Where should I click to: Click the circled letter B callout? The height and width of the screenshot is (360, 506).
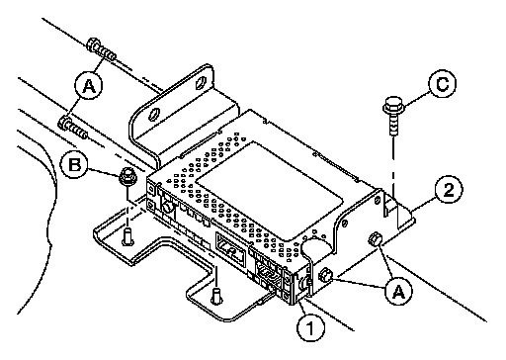(75, 164)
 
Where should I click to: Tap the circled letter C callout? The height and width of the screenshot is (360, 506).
(443, 83)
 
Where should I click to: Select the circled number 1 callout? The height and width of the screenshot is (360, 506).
(310, 327)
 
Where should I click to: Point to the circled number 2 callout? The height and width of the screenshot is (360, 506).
(449, 190)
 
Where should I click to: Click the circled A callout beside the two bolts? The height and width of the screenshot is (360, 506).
(88, 86)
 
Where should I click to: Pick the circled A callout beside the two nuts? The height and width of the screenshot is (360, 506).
(399, 291)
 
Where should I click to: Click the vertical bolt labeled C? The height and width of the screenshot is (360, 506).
(393, 115)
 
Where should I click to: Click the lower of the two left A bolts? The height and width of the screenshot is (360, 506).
(72, 128)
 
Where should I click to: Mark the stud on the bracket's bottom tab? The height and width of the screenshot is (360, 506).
(216, 295)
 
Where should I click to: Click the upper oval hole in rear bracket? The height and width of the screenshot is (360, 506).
(200, 83)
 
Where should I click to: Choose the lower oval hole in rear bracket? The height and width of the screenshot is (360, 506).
(152, 115)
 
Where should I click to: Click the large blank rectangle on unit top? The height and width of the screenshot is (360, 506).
(269, 190)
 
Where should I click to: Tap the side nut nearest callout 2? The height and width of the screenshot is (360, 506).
(375, 238)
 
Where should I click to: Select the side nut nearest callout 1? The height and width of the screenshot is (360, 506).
(326, 275)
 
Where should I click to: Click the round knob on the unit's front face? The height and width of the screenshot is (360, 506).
(168, 207)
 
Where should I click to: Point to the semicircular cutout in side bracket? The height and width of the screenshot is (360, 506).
(314, 247)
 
